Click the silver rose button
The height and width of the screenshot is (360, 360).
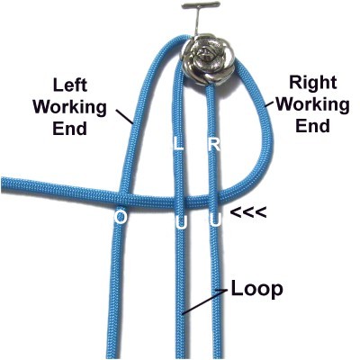point(208,59)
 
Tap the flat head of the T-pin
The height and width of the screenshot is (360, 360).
point(201,5)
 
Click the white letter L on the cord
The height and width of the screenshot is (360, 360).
point(178,145)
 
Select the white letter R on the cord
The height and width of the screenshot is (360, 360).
point(214,145)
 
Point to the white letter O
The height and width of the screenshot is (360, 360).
point(121,217)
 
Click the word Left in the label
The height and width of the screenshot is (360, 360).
point(70,85)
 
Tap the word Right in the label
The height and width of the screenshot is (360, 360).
point(312,82)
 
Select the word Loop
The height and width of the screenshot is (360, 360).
point(256,290)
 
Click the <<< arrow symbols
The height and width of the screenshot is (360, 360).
point(248,212)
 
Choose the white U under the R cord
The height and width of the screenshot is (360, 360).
point(216,221)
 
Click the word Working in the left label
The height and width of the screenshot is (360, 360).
point(69,108)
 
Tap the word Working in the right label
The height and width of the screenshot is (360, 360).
point(312,104)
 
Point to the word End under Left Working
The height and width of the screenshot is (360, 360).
point(69,129)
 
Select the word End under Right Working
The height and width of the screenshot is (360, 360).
point(312,126)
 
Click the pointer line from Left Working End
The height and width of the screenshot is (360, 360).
point(124,116)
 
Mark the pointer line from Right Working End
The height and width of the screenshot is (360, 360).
point(271,103)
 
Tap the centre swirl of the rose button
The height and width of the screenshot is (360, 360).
point(208,56)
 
